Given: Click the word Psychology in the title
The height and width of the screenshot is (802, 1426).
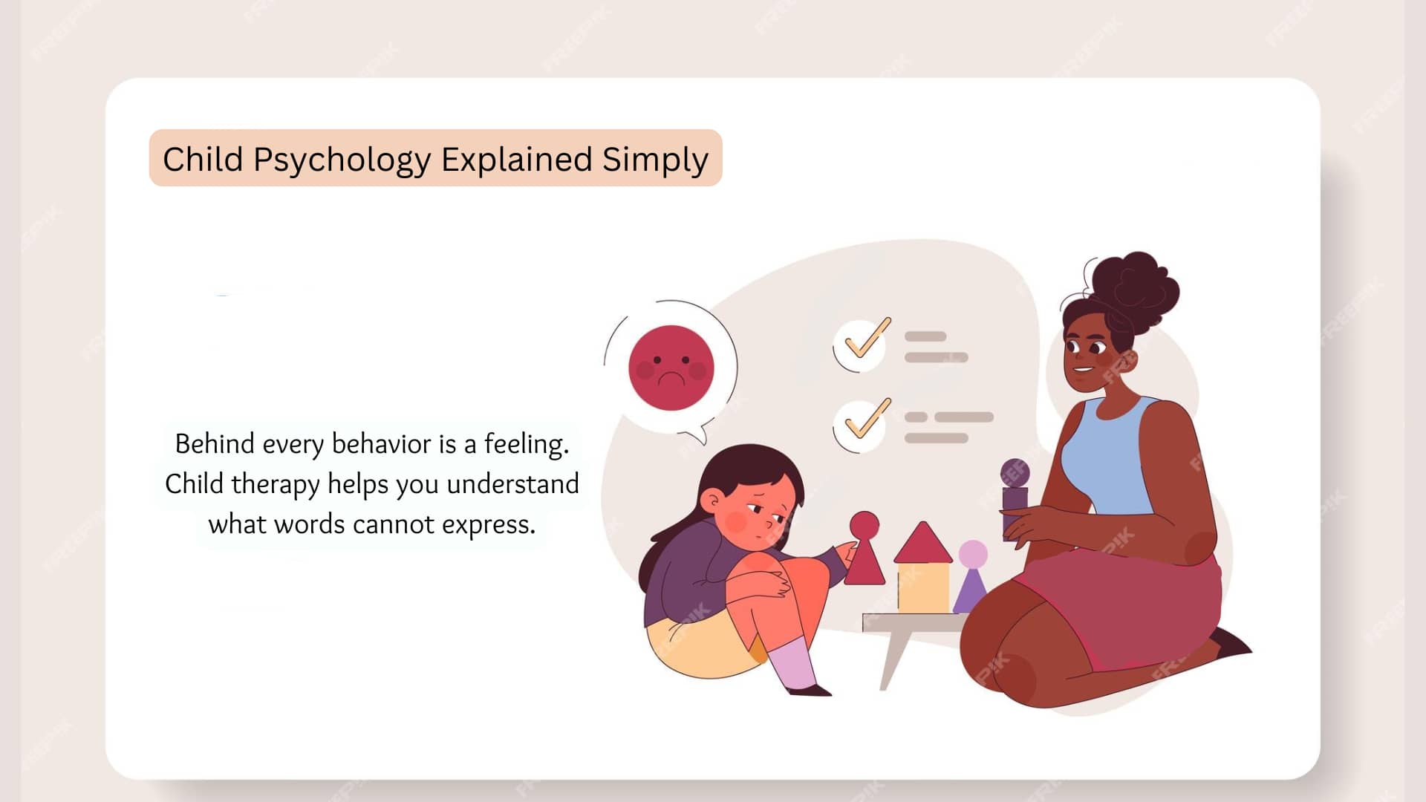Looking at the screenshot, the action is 342,160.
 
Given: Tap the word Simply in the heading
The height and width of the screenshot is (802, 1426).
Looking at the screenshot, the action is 655,160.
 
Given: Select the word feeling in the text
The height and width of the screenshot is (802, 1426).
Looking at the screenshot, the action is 526,445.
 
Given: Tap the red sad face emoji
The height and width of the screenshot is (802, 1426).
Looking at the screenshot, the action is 671,368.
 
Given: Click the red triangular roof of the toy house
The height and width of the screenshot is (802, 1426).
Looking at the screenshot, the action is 922,543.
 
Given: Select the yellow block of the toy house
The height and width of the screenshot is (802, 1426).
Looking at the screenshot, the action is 923,587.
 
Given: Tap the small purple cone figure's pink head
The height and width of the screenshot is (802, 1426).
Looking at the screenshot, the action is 973,554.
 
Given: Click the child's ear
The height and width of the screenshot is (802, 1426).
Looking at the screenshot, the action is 712,501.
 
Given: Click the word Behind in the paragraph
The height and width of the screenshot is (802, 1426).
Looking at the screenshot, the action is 215,444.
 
